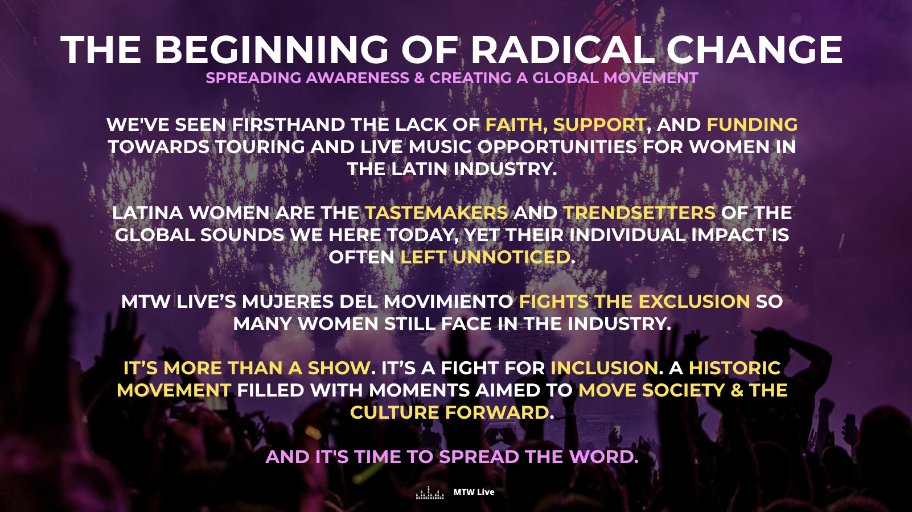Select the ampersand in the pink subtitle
pyautogui.click(x=420, y=78)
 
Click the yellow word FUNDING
pyautogui.click(x=752, y=125)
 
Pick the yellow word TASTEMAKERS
pyautogui.click(x=437, y=213)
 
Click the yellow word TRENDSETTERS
pyautogui.click(x=639, y=213)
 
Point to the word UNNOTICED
pyautogui.click(x=511, y=257)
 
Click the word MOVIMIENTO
pyautogui.click(x=448, y=302)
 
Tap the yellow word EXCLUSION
pyautogui.click(x=694, y=302)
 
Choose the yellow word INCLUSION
pyautogui.click(x=604, y=368)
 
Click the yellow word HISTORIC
pyautogui.click(x=734, y=368)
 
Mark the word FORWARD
pyautogui.click(x=497, y=412)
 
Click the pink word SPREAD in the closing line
pyautogui.click(x=479, y=457)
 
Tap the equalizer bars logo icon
pyautogui.click(x=430, y=493)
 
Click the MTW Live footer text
pyautogui.click(x=474, y=492)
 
